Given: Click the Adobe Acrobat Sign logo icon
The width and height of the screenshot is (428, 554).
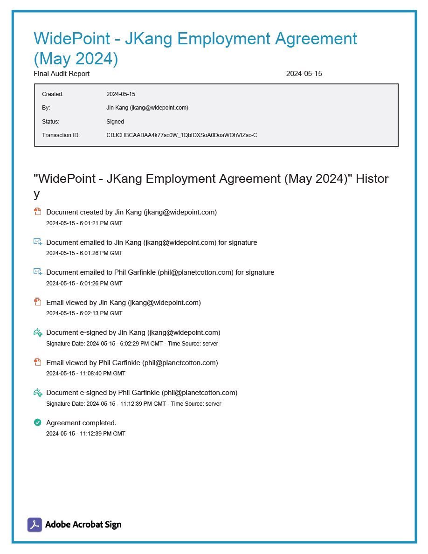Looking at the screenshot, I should tap(35, 525).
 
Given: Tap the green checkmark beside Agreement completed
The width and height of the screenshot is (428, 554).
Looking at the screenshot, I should tap(38, 422).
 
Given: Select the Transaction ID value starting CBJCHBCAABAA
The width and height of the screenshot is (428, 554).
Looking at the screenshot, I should tap(182, 135).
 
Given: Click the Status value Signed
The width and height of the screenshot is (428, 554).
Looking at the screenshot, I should tap(115, 122).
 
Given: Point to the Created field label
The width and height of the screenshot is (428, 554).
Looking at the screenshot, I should tap(53, 94).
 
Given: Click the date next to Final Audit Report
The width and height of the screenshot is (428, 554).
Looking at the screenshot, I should tap(304, 74).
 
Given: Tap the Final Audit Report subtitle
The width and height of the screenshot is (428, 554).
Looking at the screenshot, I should tap(62, 74).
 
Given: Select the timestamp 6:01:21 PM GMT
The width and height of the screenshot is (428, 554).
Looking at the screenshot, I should tap(84, 223).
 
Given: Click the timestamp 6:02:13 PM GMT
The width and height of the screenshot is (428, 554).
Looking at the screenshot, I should tap(84, 313).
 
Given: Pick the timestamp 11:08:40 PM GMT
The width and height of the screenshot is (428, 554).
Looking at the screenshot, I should tap(86, 374).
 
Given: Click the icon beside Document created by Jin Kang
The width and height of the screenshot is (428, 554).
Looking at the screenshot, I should tap(38, 212).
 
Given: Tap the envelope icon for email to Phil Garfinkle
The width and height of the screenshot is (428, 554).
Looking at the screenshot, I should tap(38, 272).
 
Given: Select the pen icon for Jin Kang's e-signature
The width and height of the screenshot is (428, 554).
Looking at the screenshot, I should tap(38, 332).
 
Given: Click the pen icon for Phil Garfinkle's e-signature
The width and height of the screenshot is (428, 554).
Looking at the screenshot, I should tap(38, 393).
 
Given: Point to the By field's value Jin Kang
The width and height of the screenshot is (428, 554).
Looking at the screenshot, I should tap(147, 108).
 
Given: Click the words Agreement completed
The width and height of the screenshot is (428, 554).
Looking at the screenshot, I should tap(81, 423).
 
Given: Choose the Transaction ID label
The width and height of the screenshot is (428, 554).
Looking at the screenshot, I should tap(61, 135).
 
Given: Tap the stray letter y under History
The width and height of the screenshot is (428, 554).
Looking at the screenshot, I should tap(37, 194).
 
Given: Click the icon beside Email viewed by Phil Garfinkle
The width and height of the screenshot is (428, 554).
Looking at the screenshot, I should tap(38, 362).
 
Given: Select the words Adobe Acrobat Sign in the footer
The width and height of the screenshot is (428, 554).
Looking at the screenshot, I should tap(83, 525).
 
